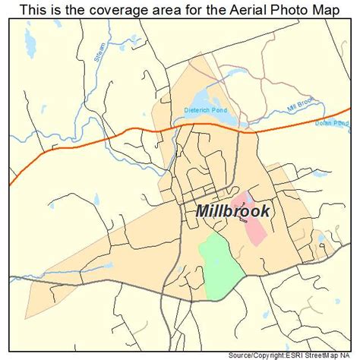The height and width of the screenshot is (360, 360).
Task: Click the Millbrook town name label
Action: (x=232, y=211)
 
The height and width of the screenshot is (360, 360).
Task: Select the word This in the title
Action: (x=25, y=11)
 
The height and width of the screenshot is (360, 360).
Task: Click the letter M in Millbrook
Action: (x=203, y=211)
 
